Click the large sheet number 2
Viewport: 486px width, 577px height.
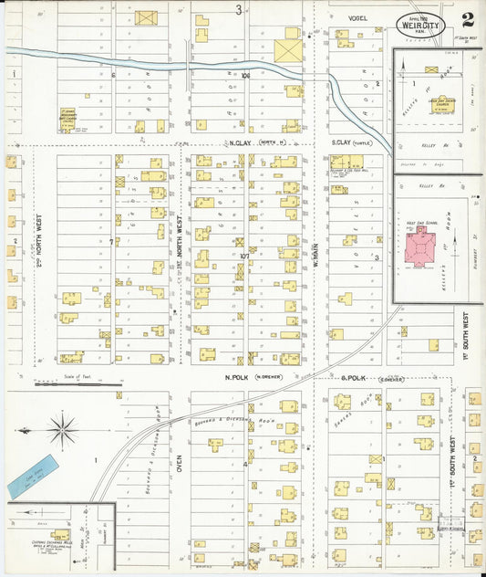pyautogui.click(x=467, y=19)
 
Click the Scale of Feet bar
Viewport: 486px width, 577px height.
pyautogui.click(x=78, y=383)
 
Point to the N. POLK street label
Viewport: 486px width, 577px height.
pyautogui.click(x=239, y=376)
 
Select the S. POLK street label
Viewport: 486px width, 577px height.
pyautogui.click(x=353, y=376)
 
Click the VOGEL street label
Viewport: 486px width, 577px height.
pyautogui.click(x=357, y=17)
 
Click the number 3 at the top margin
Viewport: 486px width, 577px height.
pyautogui.click(x=238, y=10)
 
